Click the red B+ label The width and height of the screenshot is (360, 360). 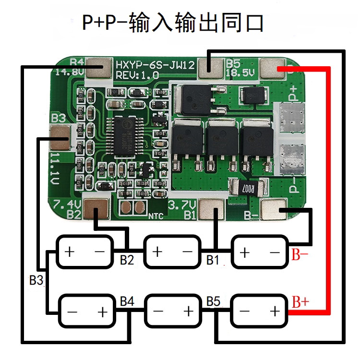click(x=300, y=302)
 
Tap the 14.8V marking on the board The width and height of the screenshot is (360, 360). click(x=70, y=72)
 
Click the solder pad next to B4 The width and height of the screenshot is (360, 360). click(x=99, y=68)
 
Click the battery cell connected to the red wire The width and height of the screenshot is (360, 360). click(x=260, y=312)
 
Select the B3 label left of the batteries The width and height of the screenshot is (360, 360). click(x=36, y=280)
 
